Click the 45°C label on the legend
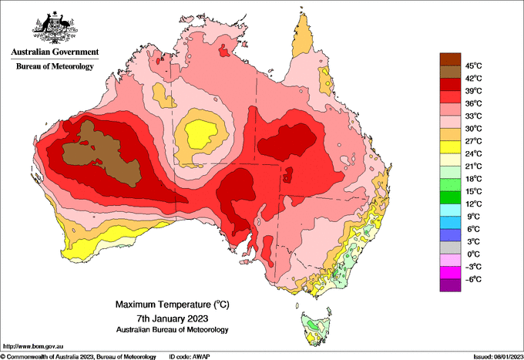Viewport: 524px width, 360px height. pyautogui.click(x=474, y=66)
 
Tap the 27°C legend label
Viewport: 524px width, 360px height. pyautogui.click(x=474, y=141)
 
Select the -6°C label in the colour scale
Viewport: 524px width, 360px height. pyautogui.click(x=473, y=279)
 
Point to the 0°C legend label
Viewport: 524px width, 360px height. pyautogui.click(x=474, y=254)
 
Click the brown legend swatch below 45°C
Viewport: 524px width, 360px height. pyautogui.click(x=450, y=72)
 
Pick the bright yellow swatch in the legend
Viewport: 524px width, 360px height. pyautogui.click(x=450, y=146)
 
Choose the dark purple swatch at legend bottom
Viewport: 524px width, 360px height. pyautogui.click(x=450, y=285)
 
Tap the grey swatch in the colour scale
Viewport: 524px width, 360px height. pyautogui.click(x=450, y=247)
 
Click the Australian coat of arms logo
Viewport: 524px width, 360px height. pyautogui.click(x=55, y=28)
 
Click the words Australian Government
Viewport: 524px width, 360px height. pyautogui.click(x=55, y=52)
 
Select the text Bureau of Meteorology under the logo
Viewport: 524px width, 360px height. pyautogui.click(x=55, y=66)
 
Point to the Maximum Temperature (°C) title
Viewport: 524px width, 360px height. pyautogui.click(x=173, y=304)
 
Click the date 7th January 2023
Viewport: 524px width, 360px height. pyautogui.click(x=173, y=318)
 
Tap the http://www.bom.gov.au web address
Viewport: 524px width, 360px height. pyautogui.click(x=33, y=346)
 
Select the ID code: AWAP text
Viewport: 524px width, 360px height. pyautogui.click(x=190, y=357)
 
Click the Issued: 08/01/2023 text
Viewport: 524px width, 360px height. pyautogui.click(x=499, y=357)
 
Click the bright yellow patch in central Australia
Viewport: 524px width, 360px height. pyautogui.click(x=202, y=133)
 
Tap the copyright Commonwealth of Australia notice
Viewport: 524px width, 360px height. pyautogui.click(x=78, y=357)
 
